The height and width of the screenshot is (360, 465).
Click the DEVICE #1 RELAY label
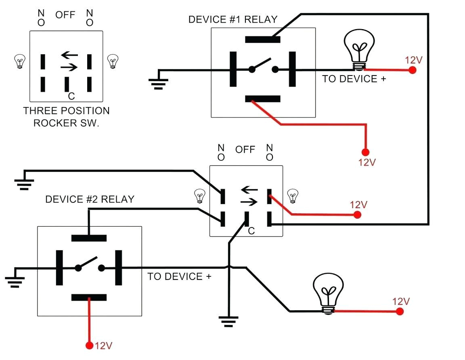tap(233, 19)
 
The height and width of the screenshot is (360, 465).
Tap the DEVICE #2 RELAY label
tap(90, 199)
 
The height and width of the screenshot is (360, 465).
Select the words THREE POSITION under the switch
tap(66, 111)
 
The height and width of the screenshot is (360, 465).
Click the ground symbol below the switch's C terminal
tap(228, 321)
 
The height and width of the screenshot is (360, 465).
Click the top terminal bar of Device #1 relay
tap(263, 40)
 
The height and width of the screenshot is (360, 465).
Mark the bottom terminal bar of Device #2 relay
tap(89, 298)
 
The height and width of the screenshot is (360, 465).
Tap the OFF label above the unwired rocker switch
tap(65, 15)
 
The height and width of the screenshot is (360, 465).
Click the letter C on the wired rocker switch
tap(251, 231)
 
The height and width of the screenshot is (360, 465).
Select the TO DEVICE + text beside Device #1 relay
tap(354, 79)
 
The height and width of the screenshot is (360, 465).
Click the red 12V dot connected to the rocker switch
tap(357, 215)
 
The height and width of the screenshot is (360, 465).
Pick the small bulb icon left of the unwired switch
tap(19, 61)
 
